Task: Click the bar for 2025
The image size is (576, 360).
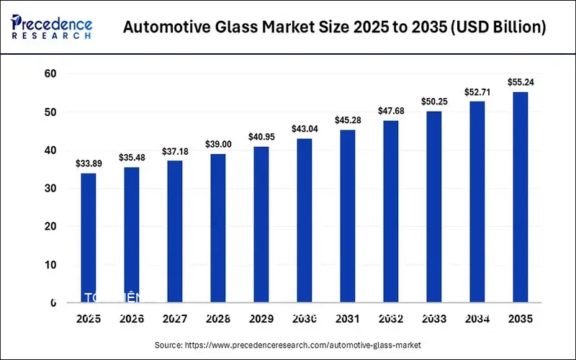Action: pos(89,238)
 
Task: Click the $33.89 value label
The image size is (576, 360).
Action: pos(89,163)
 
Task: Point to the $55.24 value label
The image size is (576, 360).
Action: pos(521,82)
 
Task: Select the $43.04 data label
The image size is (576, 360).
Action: pos(305,129)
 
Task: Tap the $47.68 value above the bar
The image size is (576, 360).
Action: pos(391,111)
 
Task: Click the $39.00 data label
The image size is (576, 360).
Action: pos(218,144)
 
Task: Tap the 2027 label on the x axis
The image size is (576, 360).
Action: pos(175,319)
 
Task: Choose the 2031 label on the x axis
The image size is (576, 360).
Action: pos(348,319)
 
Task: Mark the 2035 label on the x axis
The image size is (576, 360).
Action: pos(521,319)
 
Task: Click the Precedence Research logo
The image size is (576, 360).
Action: pos(52,25)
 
